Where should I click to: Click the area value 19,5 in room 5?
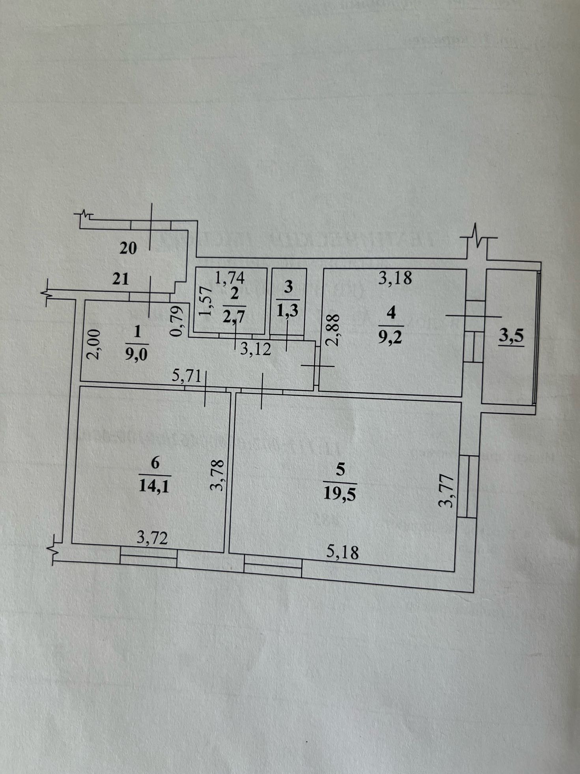(340, 493)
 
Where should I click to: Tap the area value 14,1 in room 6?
(154, 486)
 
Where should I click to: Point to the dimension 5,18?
(342, 552)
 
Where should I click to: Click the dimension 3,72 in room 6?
(152, 537)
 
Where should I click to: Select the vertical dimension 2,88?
(333, 330)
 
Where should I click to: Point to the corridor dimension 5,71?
(187, 376)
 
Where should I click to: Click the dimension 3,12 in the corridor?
(256, 349)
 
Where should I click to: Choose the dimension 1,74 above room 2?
(230, 278)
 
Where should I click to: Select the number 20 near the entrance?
(128, 248)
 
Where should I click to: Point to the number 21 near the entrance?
(121, 279)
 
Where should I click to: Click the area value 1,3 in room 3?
(288, 311)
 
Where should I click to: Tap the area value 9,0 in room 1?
(136, 354)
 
